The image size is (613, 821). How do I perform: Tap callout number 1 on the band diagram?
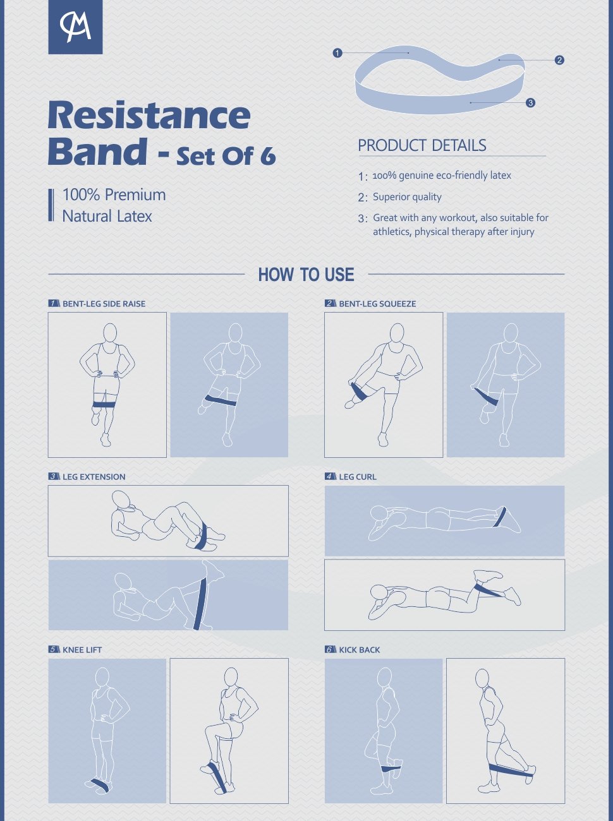pos(337,53)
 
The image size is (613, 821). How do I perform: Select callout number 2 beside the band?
pos(559,60)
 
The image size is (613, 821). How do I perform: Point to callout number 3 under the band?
pos(530,102)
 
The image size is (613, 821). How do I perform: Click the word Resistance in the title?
pos(149,115)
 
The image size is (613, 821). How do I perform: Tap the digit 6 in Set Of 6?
pos(268,155)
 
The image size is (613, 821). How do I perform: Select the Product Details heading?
pos(422,145)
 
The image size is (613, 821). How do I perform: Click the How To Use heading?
pos(306,275)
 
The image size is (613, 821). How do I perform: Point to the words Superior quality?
pos(407,197)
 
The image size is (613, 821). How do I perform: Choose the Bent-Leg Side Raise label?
pos(104,304)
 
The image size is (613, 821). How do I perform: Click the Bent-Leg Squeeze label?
pos(377,304)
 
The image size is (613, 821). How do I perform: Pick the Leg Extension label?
pos(94,477)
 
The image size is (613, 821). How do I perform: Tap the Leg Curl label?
pos(358,477)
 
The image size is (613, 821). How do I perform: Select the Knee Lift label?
pos(82,650)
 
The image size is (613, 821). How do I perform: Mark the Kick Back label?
pos(359,650)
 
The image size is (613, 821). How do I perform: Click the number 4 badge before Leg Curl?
pos(331,477)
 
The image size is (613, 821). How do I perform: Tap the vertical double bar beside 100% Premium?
pos(51,205)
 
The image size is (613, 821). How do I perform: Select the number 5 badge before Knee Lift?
pos(54,650)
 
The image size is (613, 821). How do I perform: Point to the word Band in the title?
pos(97,152)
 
